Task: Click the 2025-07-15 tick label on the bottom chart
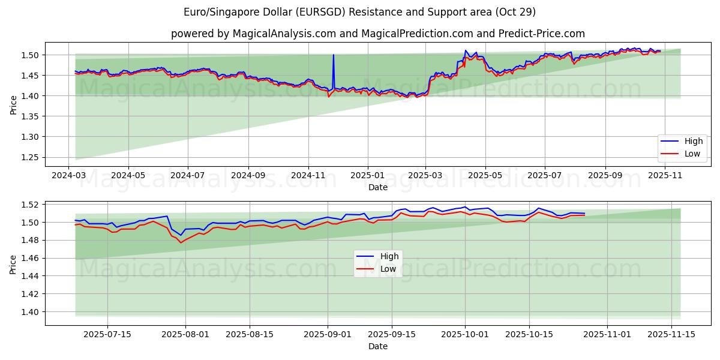(x=107, y=334)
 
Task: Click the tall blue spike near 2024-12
(x=334, y=56)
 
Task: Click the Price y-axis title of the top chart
(x=13, y=105)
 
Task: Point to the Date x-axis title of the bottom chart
(x=377, y=346)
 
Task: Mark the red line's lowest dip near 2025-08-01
(x=181, y=242)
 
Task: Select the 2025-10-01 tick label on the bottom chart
(x=464, y=334)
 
